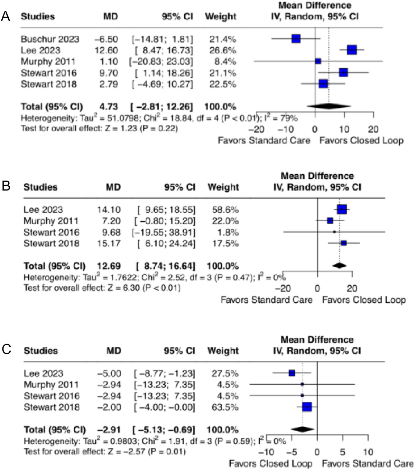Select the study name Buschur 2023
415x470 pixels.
[x=50, y=39]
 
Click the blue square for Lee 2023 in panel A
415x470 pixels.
[x=352, y=50]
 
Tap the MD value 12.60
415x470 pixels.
[x=107, y=50]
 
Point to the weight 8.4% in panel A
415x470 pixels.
[x=223, y=62]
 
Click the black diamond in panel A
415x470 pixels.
[x=329, y=106]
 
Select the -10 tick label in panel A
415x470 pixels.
[x=286, y=130]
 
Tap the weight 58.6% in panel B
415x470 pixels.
[x=223, y=210]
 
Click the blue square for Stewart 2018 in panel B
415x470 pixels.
[x=343, y=243]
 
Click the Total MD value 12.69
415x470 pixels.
[x=109, y=266]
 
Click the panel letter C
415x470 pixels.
[x=6, y=350]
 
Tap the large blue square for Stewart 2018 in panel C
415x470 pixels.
[x=307, y=407]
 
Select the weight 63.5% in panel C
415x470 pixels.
[x=223, y=407]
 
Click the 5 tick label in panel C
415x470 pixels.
[x=342, y=452]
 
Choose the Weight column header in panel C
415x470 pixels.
[x=223, y=351]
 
